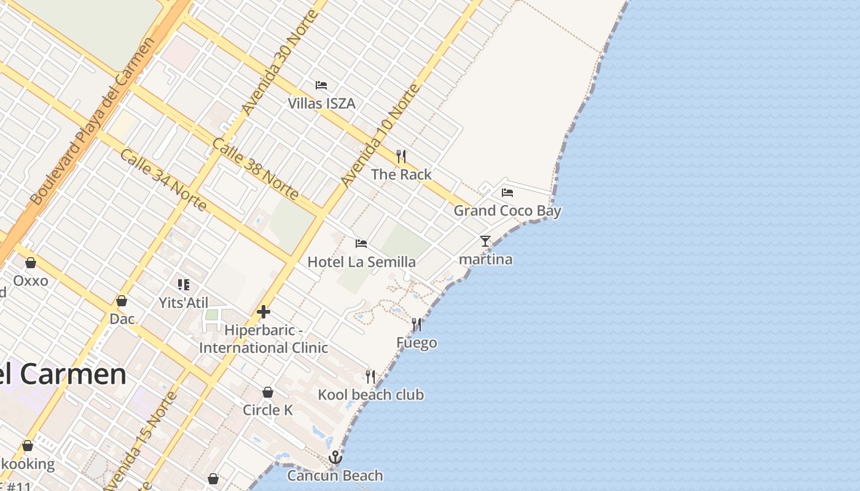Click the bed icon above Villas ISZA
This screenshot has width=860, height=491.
321,85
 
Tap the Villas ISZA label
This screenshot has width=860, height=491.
322,103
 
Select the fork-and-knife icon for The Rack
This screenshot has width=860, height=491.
401,157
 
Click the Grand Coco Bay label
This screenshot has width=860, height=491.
507,211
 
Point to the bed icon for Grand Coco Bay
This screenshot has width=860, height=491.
507,193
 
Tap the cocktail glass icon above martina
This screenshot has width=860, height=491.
485,241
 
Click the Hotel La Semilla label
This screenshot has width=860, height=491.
361,262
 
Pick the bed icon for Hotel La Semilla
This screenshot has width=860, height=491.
361,244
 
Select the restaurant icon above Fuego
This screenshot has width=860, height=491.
416,325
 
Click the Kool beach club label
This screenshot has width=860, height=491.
370,395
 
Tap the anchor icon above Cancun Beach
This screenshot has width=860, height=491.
335,457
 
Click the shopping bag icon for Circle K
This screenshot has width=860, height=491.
268,392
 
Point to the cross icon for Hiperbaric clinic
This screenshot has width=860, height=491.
264,312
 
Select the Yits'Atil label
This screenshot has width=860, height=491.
184,303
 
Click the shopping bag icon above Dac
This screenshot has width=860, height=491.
122,301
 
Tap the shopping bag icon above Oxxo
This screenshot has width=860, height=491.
31,263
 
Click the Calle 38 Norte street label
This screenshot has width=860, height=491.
255,169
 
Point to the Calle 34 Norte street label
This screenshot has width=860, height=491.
163,179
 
